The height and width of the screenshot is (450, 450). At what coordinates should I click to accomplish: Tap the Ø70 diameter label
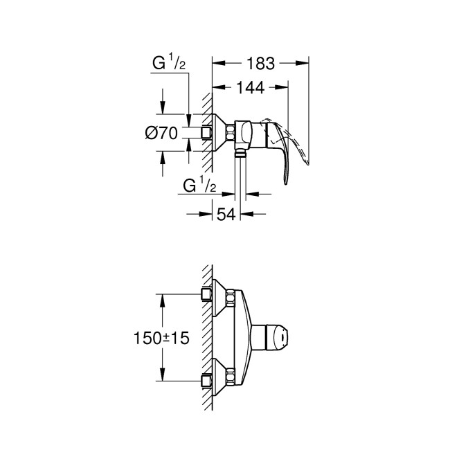click(x=163, y=133)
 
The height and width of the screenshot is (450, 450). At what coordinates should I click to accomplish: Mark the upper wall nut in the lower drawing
click(x=206, y=294)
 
